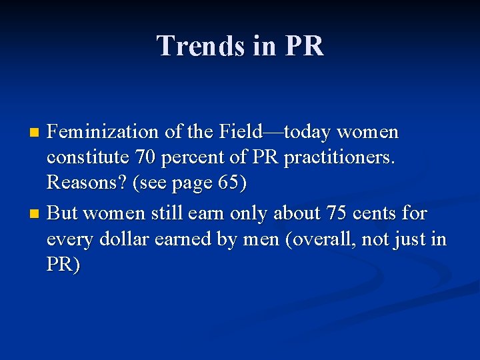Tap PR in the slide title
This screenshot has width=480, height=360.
(x=303, y=46)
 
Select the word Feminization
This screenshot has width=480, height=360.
(x=105, y=133)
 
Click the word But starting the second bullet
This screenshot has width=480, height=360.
(x=63, y=214)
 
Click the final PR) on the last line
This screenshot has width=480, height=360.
(x=63, y=265)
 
